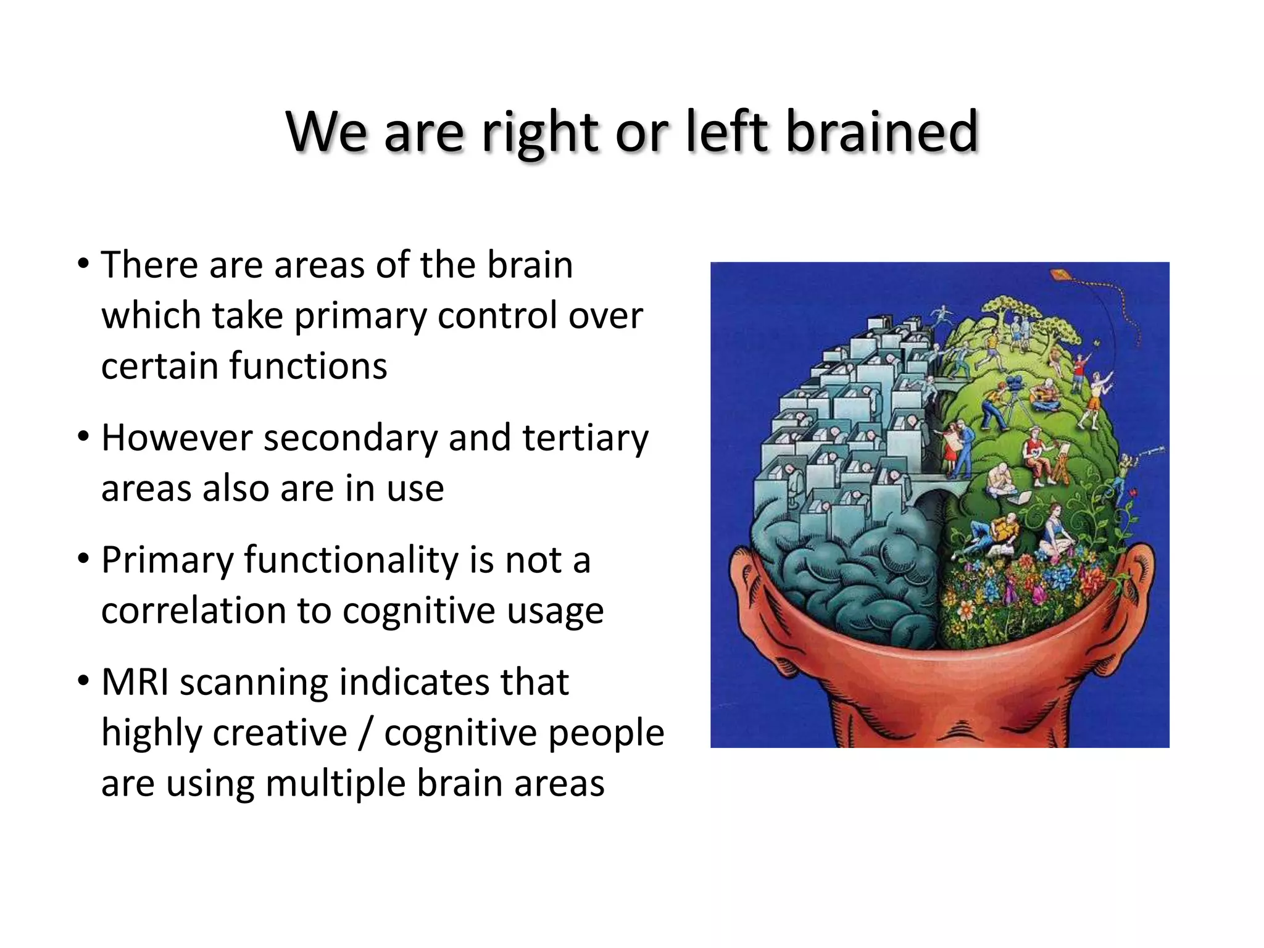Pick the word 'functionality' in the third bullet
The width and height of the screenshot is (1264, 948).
pyautogui.click(x=351, y=560)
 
